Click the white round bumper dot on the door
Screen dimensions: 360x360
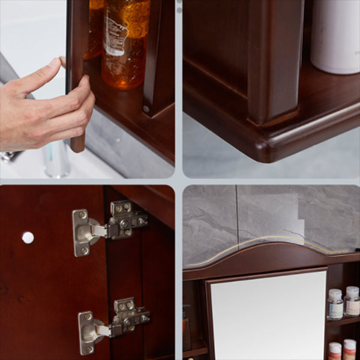28,238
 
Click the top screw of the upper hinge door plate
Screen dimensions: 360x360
82,215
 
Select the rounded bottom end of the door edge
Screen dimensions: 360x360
77,145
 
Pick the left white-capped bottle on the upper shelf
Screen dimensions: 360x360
335,304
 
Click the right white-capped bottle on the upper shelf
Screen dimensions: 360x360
352,301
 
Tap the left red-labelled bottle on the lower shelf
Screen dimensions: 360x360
335,350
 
